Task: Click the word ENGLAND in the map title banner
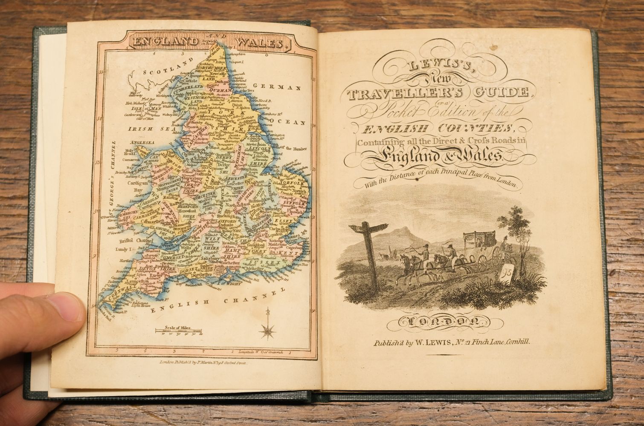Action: click(x=164, y=42)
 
